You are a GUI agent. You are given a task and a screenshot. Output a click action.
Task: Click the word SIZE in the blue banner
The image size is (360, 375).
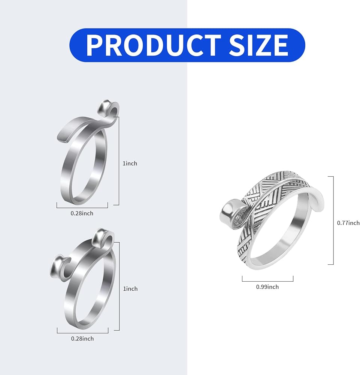[258, 45]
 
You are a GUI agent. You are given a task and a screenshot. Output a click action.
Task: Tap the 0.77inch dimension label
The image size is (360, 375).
[348, 223]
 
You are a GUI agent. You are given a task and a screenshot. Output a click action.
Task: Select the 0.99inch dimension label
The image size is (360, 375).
[267, 287]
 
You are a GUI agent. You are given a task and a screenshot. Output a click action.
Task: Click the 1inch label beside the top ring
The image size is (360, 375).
[130, 163]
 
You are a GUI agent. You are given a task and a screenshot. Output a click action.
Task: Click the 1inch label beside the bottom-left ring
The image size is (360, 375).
[130, 289]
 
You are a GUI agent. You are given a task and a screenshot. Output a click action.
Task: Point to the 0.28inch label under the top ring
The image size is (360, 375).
[82, 213]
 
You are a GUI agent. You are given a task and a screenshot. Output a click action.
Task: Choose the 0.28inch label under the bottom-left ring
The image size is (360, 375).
[82, 339]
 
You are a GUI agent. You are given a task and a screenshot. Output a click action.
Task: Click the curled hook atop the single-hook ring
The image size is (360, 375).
[109, 108]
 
